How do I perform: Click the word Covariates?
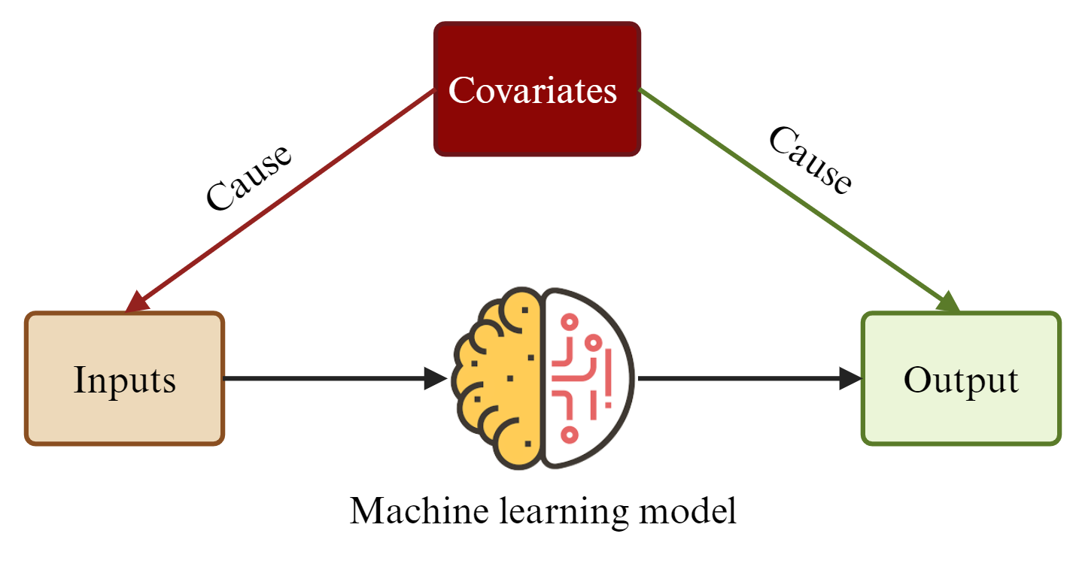pyautogui.click(x=533, y=90)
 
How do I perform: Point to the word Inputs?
pyautogui.click(x=125, y=380)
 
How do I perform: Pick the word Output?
pyautogui.click(x=961, y=380)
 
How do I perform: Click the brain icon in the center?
pyautogui.click(x=543, y=378)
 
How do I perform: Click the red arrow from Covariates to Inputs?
pyautogui.click(x=286, y=196)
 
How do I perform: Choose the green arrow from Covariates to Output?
pyautogui.click(x=790, y=196)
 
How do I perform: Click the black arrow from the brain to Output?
pyautogui.click(x=745, y=377)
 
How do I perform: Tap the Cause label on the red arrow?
pyautogui.click(x=248, y=177)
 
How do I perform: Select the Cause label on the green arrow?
pyautogui.click(x=810, y=160)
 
